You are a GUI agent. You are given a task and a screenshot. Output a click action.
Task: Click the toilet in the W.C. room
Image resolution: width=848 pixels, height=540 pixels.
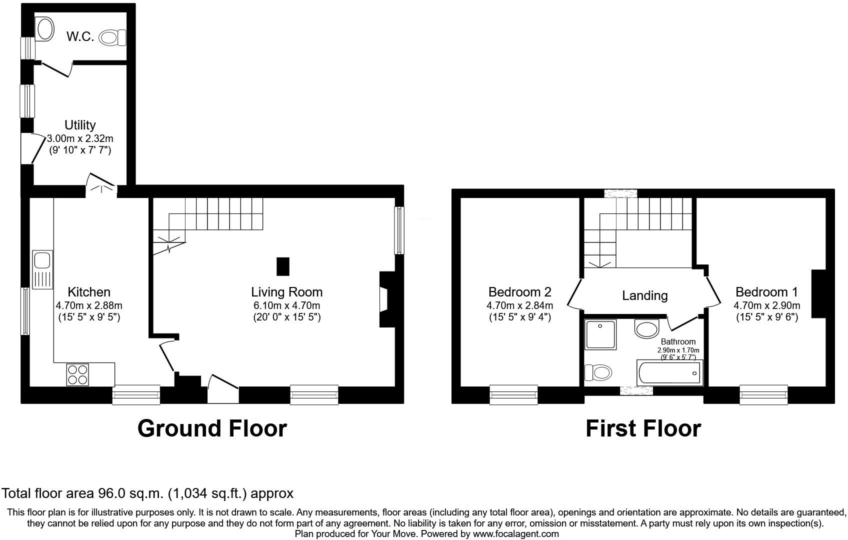click(x=113, y=37)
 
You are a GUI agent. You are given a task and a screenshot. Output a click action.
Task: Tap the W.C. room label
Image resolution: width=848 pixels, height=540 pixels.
click(x=80, y=36)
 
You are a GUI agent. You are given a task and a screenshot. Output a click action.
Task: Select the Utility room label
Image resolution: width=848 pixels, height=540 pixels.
click(x=80, y=125)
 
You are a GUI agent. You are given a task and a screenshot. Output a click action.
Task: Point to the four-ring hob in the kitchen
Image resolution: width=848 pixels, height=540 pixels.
click(x=77, y=374)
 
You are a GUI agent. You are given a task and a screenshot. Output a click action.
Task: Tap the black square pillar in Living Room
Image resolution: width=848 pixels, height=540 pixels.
click(x=283, y=266)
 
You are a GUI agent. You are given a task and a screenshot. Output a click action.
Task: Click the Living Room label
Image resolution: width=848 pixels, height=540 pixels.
click(x=286, y=292)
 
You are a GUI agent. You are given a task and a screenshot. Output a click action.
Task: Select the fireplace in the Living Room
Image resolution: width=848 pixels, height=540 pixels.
click(x=385, y=299)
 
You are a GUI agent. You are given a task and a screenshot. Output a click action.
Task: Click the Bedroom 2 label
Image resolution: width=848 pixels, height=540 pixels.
click(x=519, y=292)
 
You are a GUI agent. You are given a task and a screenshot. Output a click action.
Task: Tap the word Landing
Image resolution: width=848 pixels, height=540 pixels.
click(x=644, y=295)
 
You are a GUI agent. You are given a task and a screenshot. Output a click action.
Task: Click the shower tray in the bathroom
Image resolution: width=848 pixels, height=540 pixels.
click(x=600, y=334)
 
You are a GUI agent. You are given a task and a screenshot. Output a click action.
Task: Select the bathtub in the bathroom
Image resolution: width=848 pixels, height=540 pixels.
click(x=669, y=373)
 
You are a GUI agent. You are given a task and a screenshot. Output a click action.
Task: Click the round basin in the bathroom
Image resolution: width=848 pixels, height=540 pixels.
click(x=647, y=329)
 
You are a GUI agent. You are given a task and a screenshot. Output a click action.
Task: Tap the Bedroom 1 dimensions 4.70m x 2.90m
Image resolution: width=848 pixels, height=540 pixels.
click(x=766, y=305)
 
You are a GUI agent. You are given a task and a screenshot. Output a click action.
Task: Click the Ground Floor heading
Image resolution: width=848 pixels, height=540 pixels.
click(x=212, y=428)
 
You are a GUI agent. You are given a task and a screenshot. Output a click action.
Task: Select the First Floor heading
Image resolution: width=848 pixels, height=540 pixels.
click(x=643, y=428)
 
